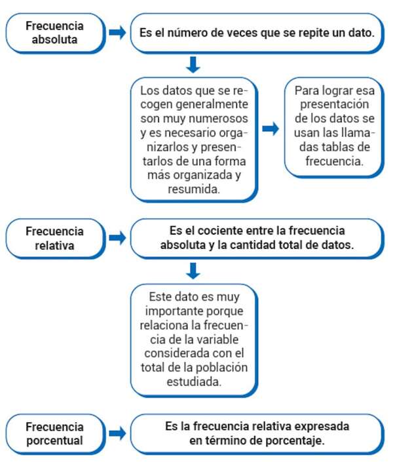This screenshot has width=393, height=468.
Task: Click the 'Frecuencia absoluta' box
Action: coord(55,32)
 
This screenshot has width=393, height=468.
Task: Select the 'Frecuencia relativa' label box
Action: coord(55,238)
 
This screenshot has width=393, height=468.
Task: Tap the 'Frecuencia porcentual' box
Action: coord(55,434)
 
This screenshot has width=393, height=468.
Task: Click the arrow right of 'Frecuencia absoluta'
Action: coord(117,33)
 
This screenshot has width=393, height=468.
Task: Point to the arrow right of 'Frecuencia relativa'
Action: coord(117,238)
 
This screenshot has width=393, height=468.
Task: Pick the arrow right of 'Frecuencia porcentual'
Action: coord(117,434)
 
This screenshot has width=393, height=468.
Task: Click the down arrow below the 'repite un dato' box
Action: coord(193,64)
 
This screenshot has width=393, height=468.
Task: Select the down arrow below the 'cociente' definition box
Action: coord(193,269)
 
